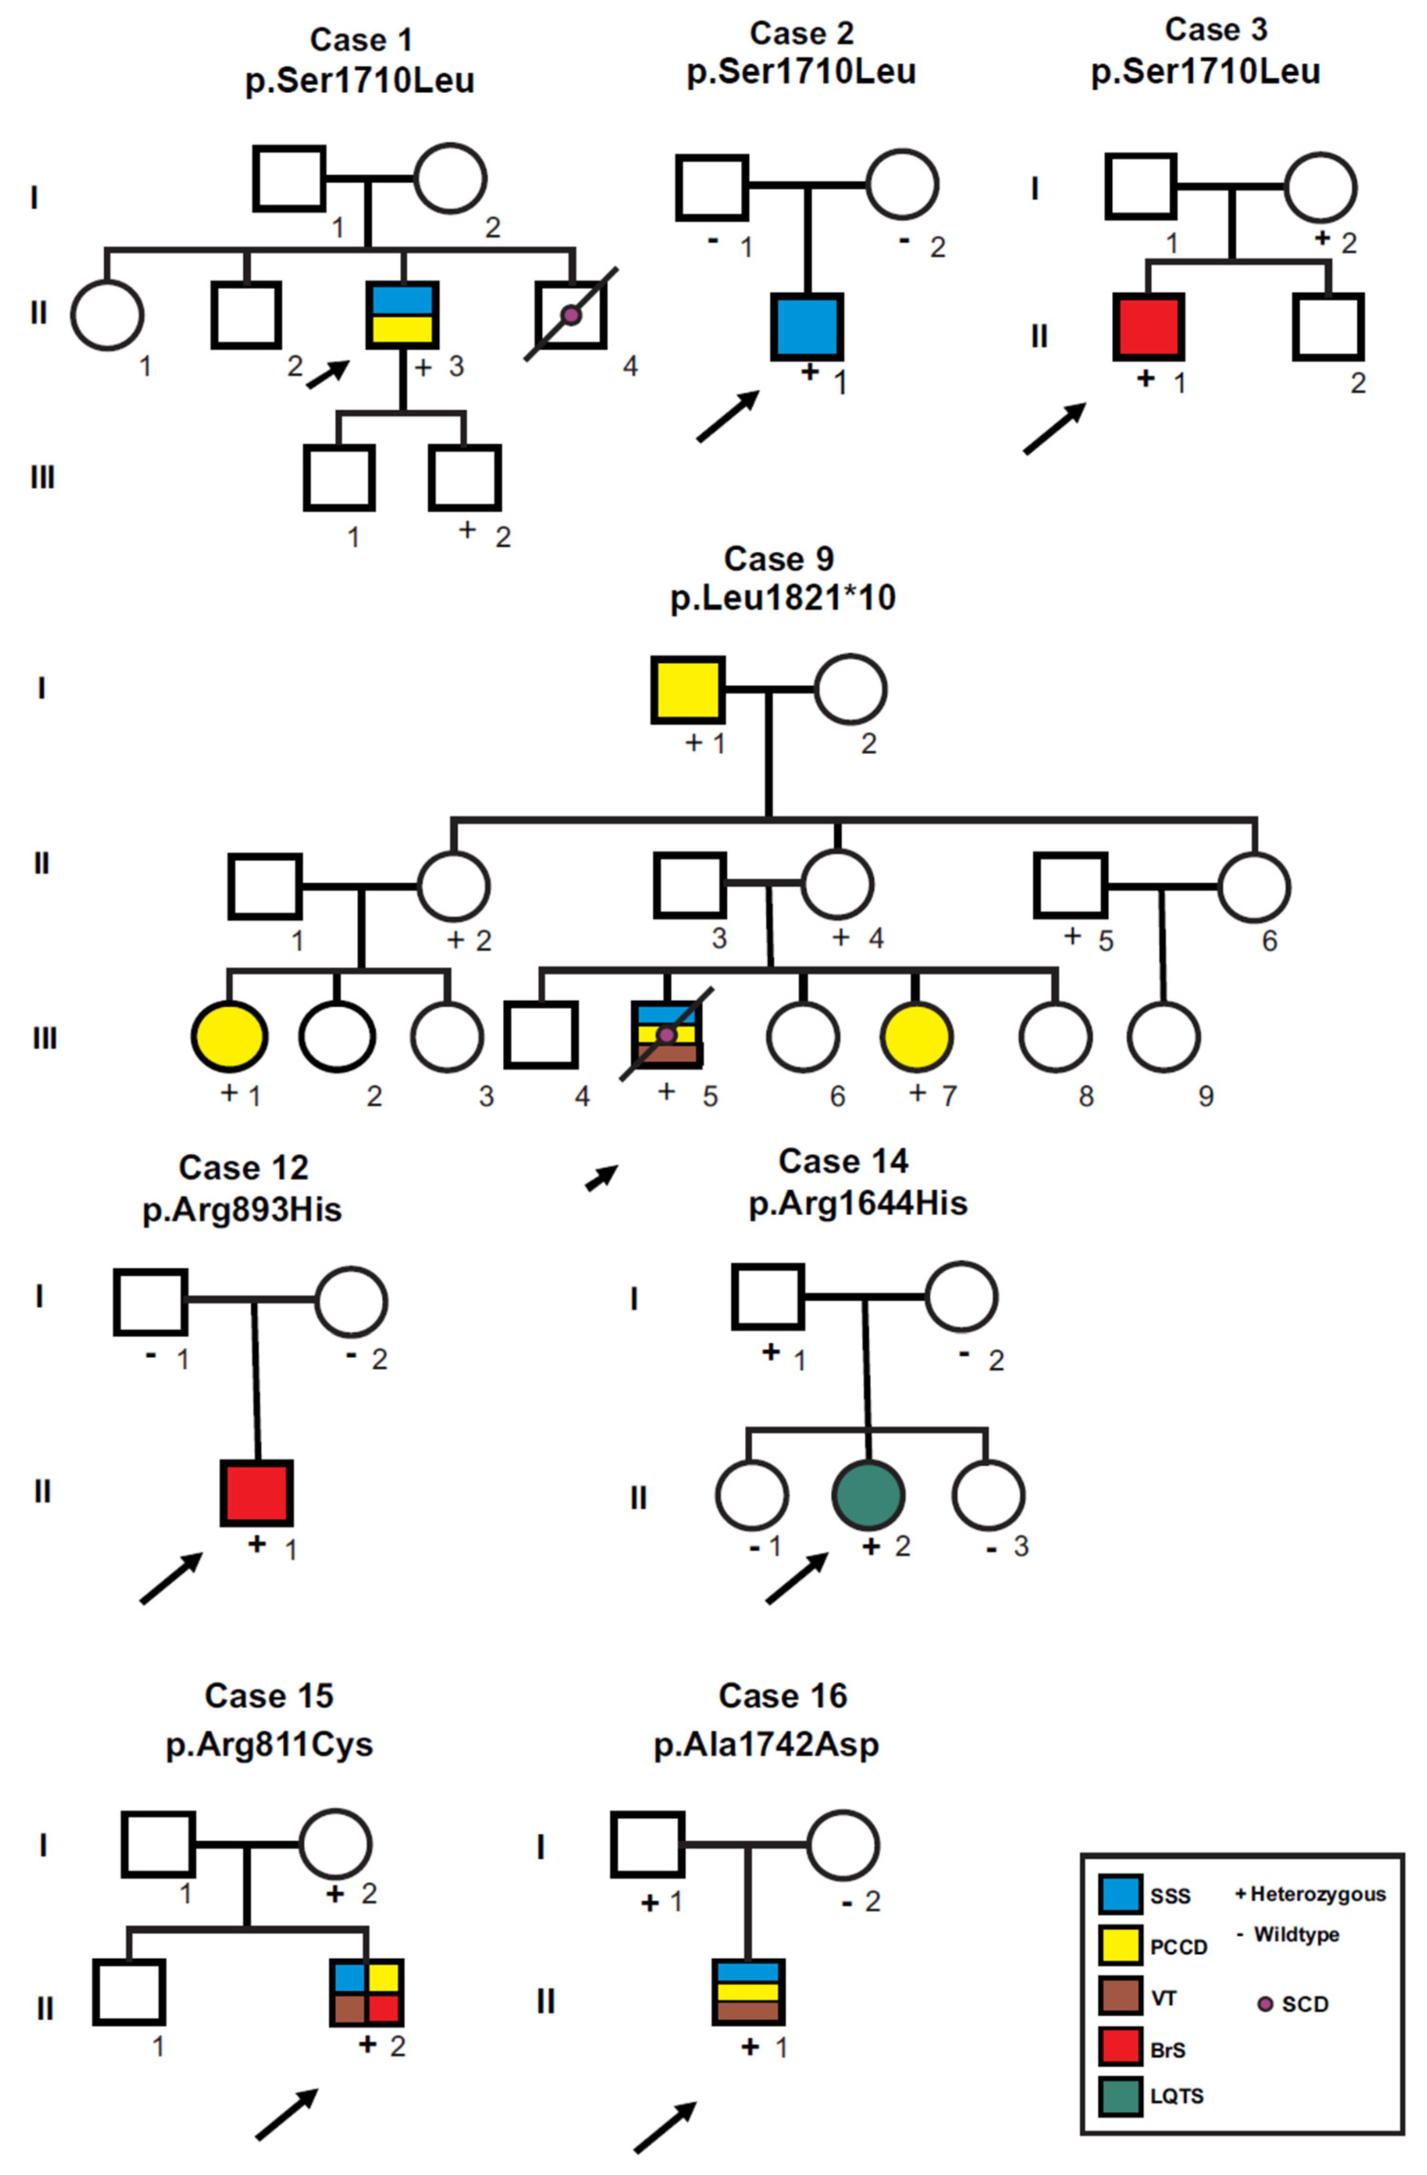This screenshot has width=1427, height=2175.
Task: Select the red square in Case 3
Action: click(x=1148, y=326)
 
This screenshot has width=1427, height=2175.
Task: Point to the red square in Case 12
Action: click(x=257, y=1492)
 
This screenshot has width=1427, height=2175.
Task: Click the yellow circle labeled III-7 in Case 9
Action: click(x=916, y=1037)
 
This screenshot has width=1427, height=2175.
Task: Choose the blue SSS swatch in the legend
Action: click(x=1119, y=1894)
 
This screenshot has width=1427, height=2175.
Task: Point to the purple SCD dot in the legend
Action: click(x=1265, y=2004)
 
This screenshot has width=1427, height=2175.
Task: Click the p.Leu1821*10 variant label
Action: click(x=782, y=598)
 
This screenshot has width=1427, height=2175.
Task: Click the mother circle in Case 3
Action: click(x=1321, y=187)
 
